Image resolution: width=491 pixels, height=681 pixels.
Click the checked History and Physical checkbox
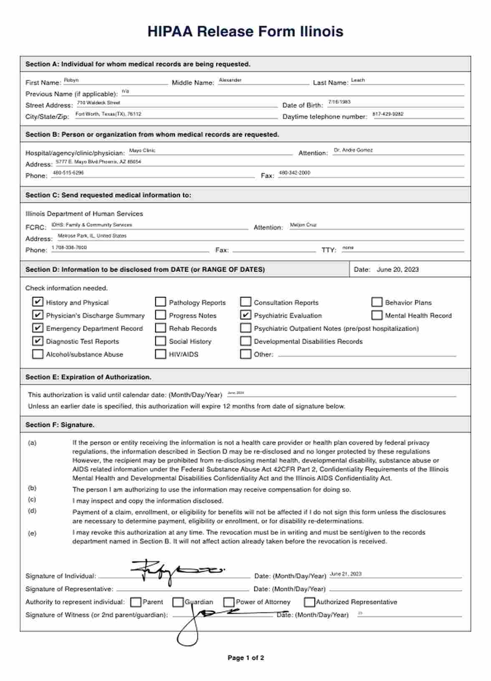tap(38, 302)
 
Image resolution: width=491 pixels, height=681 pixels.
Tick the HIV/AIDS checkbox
tap(160, 354)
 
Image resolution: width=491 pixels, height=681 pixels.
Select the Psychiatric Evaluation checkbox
tap(245, 315)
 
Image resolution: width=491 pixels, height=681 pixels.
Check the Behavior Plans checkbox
tap(377, 302)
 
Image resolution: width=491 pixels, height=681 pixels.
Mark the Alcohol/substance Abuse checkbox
tap(38, 354)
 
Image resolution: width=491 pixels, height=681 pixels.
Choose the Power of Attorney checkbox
tap(229, 602)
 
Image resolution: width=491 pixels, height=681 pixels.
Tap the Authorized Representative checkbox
tap(309, 602)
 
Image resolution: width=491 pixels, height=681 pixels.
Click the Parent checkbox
tap(136, 602)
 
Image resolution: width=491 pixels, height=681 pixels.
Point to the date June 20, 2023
tap(397, 269)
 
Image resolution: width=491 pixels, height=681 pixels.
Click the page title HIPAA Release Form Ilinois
tap(245, 31)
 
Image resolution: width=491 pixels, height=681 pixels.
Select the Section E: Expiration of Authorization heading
tap(89, 377)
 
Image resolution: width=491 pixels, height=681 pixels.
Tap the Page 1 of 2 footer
tap(245, 658)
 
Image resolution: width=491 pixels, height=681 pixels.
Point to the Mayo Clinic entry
tap(142, 150)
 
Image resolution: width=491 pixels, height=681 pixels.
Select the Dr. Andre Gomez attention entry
tap(353, 150)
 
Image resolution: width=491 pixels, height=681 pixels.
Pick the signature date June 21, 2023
tap(346, 574)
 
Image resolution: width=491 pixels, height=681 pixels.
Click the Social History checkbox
tap(160, 341)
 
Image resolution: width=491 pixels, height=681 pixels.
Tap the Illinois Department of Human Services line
tap(84, 213)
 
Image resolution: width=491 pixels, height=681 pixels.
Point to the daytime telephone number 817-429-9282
tap(388, 114)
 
